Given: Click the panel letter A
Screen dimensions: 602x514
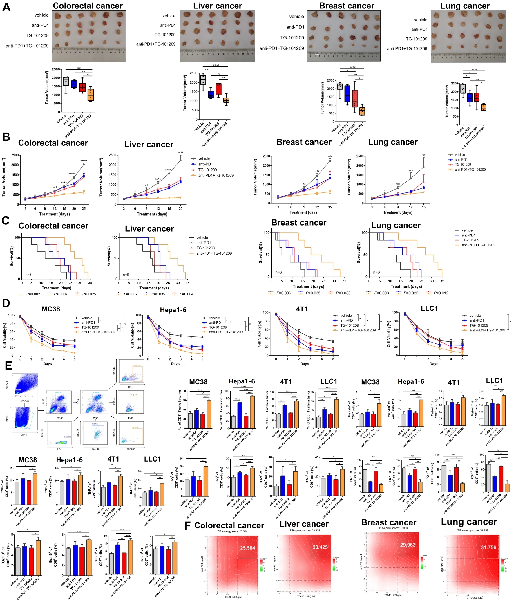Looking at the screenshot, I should [6, 7].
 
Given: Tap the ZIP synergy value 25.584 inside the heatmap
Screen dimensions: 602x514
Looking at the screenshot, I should [247, 548].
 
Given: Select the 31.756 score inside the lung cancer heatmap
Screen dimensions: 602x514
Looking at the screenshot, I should [488, 547].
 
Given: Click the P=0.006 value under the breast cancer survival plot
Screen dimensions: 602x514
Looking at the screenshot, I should [283, 293].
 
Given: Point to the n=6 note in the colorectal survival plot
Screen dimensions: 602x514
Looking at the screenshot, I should [28, 275].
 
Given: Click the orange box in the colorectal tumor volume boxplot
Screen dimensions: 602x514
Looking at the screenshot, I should [91, 95].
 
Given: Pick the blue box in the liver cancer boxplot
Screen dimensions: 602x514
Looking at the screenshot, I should [211, 94].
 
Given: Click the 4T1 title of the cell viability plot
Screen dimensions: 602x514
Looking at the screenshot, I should [302, 309].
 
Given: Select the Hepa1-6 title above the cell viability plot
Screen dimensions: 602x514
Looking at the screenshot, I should [173, 310].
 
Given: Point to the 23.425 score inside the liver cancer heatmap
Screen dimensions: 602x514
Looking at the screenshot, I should [320, 547].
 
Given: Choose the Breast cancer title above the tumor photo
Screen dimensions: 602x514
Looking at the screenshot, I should [347, 6].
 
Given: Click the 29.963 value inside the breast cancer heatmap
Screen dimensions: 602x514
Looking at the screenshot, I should [408, 545].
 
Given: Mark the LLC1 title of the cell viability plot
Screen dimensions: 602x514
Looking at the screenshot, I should [429, 308].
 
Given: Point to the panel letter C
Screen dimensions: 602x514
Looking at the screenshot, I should [6, 221].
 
